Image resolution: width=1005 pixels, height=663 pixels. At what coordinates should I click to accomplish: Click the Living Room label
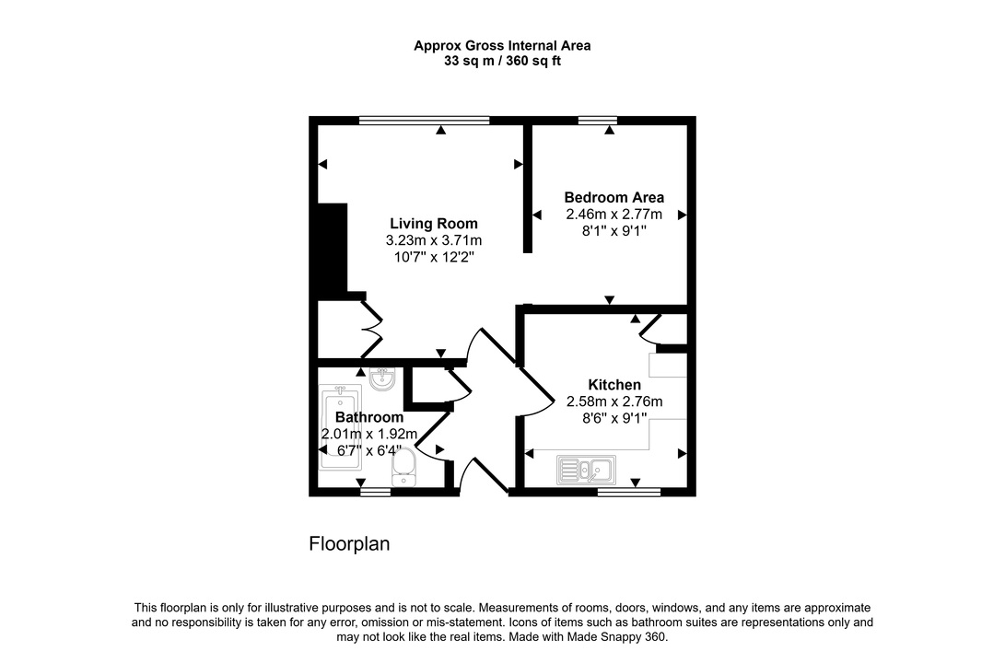pyautogui.click(x=433, y=224)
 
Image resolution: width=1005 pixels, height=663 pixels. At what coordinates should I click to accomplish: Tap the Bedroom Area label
pyautogui.click(x=614, y=197)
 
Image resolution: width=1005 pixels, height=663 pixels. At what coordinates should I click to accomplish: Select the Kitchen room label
pyautogui.click(x=614, y=385)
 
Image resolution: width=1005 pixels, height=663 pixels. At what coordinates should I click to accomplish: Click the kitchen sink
pyautogui.click(x=586, y=471)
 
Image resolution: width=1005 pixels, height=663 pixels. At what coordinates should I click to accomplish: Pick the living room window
pyautogui.click(x=424, y=120)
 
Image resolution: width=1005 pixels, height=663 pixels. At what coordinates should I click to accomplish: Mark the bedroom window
pyautogui.click(x=598, y=120)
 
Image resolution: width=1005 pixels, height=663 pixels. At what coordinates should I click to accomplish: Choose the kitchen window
pyautogui.click(x=628, y=493)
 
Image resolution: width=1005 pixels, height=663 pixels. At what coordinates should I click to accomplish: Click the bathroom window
pyautogui.click(x=375, y=493)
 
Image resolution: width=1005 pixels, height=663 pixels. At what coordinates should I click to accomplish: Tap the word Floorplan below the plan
pyautogui.click(x=349, y=544)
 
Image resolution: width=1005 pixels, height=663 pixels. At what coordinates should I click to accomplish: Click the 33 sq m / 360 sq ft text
pyautogui.click(x=502, y=62)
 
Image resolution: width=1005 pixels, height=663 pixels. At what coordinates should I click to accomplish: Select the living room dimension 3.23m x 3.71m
pyautogui.click(x=433, y=240)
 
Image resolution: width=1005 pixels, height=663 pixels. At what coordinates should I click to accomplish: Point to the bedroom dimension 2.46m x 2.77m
pyautogui.click(x=614, y=215)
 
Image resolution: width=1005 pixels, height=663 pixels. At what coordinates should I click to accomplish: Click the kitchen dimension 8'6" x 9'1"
pyautogui.click(x=614, y=418)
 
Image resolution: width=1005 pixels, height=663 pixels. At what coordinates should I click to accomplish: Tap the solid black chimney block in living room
pyautogui.click(x=331, y=249)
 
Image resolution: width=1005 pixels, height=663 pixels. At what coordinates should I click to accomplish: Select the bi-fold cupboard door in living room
pyautogui.click(x=371, y=329)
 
